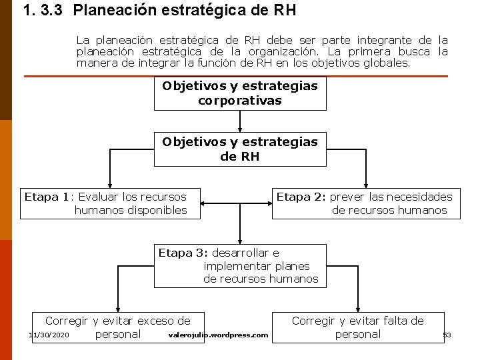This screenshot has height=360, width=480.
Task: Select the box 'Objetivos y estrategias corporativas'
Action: coord(240,93)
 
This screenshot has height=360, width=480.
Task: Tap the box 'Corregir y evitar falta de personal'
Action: coord(357,327)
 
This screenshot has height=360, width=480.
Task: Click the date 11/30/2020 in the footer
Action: coord(49,335)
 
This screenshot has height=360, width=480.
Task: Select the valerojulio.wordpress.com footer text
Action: coord(219,335)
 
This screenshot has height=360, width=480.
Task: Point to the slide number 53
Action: coord(447,335)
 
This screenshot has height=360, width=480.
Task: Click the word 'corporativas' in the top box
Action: coord(240,101)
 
